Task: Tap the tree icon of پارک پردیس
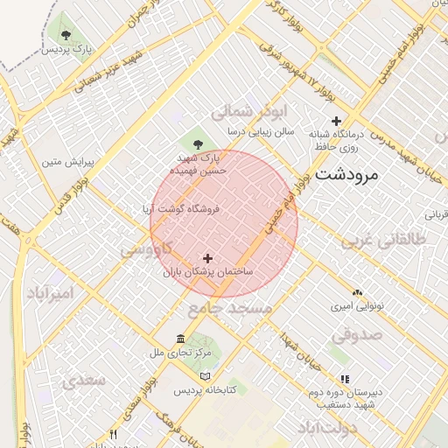click(x=66, y=34)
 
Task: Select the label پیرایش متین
click(x=69, y=162)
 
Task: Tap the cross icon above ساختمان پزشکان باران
click(x=207, y=258)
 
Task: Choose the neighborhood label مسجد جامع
click(x=224, y=309)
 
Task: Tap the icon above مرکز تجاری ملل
click(x=180, y=339)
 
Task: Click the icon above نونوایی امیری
click(x=357, y=292)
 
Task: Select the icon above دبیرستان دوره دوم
click(x=345, y=379)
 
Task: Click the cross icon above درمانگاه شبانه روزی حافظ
click(x=336, y=121)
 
